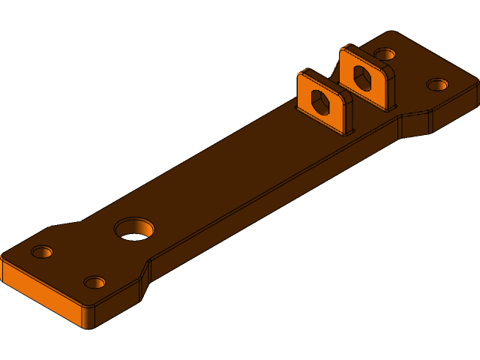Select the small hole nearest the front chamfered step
(94, 283)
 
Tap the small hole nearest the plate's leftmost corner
(43, 251)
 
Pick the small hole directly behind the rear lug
(385, 54)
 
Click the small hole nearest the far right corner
(437, 83)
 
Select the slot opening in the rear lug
(361, 77)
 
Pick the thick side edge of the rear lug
(387, 90)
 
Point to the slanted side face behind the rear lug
(415, 124)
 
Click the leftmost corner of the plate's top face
(3, 255)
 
